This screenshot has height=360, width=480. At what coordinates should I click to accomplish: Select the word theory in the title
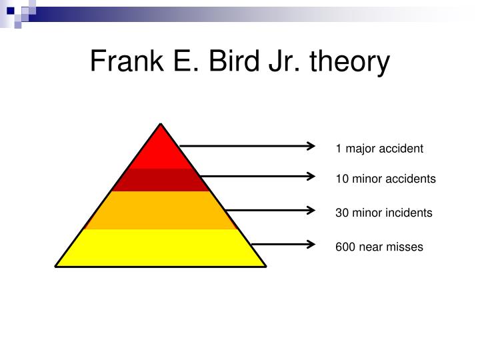350,63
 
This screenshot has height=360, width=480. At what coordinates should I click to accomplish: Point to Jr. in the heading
285,61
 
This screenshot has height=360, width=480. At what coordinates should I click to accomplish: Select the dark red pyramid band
161,180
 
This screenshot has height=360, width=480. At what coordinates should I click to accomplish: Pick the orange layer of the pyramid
161,210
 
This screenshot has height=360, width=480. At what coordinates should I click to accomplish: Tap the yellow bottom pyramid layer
161,247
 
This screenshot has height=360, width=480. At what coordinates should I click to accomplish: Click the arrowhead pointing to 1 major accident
311,146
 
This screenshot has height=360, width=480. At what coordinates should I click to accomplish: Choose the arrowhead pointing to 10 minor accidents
311,176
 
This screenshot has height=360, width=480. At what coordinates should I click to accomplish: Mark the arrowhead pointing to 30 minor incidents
311,210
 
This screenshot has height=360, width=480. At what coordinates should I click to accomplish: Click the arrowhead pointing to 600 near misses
311,244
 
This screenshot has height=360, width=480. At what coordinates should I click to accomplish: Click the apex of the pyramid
161,124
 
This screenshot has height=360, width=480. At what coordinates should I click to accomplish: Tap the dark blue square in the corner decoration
11,11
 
